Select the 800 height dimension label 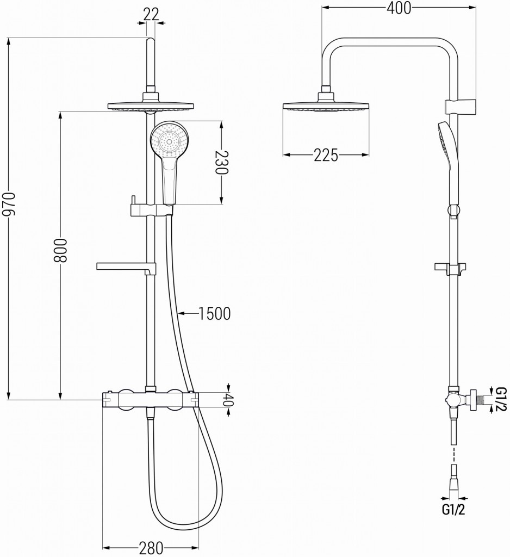click(x=60, y=250)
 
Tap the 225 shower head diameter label click(x=326, y=155)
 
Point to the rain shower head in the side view click(x=326, y=106)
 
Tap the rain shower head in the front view click(x=151, y=106)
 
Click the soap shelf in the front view click(x=125, y=267)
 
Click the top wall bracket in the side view click(x=460, y=103)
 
